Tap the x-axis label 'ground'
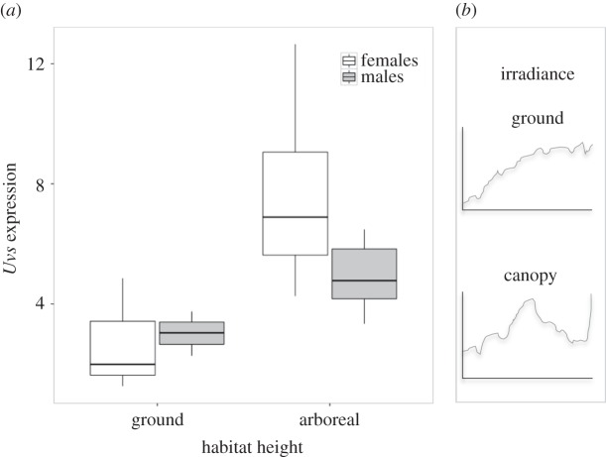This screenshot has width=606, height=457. [x=156, y=420]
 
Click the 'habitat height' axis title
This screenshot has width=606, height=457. [x=243, y=447]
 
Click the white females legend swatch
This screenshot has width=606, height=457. [x=349, y=60]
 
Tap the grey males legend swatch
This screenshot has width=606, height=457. [x=349, y=77]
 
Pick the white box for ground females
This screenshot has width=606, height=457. [x=122, y=347]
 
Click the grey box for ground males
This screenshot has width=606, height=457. [x=191, y=332]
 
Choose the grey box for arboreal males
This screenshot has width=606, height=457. [x=363, y=273]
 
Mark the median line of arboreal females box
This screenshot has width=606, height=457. [x=295, y=216]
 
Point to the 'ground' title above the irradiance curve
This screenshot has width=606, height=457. [x=529, y=118]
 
